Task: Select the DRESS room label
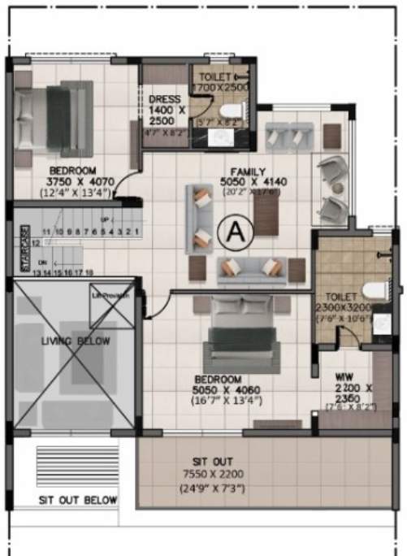click(x=164, y=99)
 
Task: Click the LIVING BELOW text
click(x=76, y=341)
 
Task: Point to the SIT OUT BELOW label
click(x=78, y=500)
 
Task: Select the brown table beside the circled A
click(x=266, y=216)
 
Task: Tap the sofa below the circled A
click(x=249, y=267)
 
